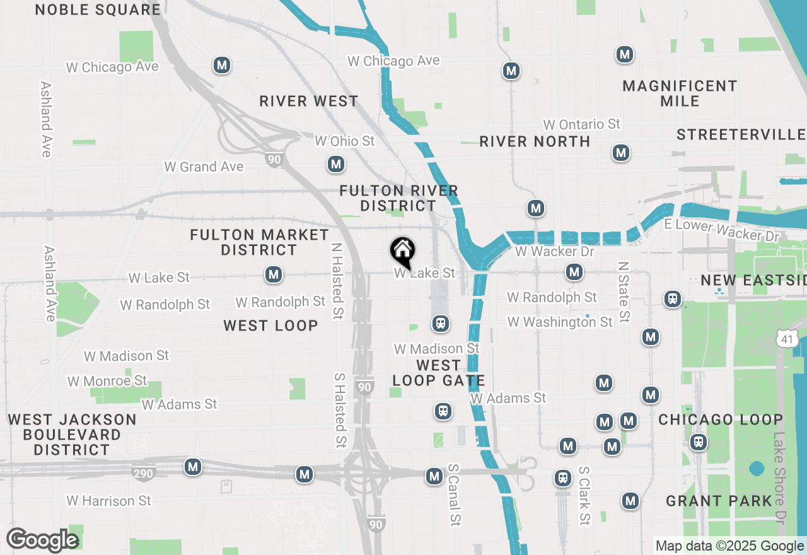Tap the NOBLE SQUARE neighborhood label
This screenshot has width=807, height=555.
pos(98,9)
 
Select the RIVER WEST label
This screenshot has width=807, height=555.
pos(309,101)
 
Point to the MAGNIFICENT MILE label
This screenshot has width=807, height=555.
pos(680,93)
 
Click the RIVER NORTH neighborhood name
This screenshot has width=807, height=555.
pos(535,141)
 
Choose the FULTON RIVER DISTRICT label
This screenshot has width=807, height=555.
pos(398,198)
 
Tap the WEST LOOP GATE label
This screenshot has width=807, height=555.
pos(439,373)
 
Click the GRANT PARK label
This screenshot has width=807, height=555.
pos(719,501)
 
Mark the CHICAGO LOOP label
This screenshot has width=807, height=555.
pos(721,419)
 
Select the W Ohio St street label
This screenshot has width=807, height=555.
pos(344,141)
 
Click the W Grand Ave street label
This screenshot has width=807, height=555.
pos(204,167)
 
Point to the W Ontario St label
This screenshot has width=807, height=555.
pos(582,124)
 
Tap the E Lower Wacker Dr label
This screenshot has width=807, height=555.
pos(722,231)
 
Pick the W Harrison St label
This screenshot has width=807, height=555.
pos(109,501)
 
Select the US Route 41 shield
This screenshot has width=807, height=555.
pos(786,339)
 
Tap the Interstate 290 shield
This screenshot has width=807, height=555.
pos(144,472)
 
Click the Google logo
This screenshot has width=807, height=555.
pos(42,540)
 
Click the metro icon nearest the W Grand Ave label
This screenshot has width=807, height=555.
pos(335,165)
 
